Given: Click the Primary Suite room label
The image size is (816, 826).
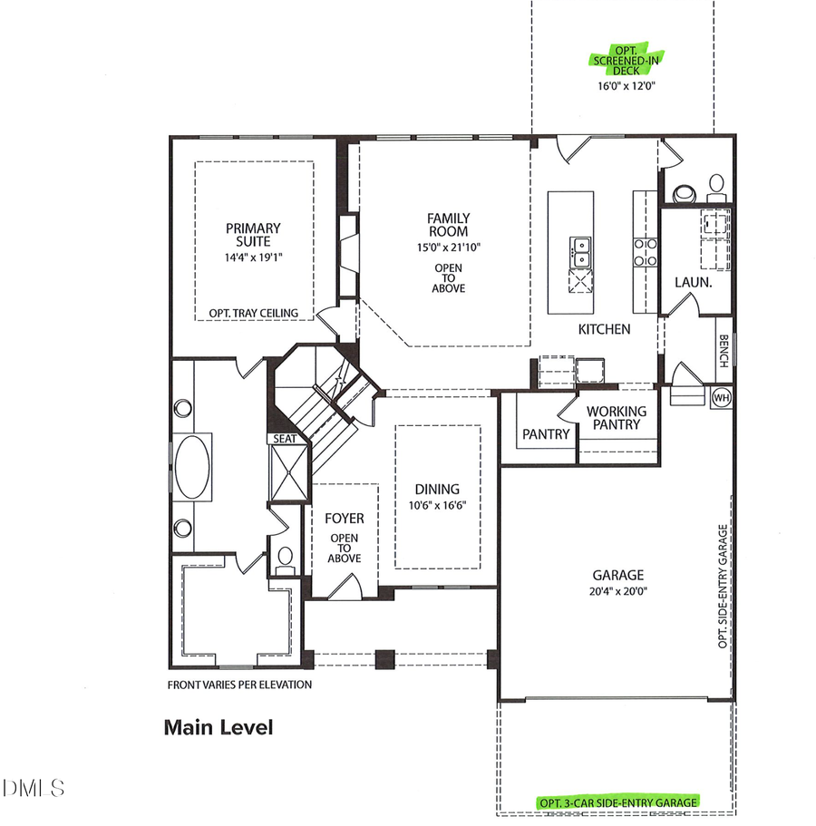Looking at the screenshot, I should coord(254,236).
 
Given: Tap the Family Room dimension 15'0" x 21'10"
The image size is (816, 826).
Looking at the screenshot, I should coord(449,246).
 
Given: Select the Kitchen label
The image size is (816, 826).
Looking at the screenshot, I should coord(604,329).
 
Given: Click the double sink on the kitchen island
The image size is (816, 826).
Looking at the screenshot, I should coord(580,251).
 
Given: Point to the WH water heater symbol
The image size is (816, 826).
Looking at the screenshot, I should coord(722,397).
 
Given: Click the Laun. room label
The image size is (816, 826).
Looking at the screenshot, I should coord(691,283).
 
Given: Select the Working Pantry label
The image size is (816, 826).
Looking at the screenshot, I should coord(617,417).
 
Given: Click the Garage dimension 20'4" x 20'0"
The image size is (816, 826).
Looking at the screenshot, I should coord(618,592).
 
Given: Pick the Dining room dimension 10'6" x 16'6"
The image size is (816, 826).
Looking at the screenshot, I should coord(438,506).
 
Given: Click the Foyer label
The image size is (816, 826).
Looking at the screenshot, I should coord(345,519).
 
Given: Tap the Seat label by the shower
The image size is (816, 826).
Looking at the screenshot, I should coord(286,439).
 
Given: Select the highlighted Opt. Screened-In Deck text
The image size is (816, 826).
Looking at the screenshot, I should coord(626,61).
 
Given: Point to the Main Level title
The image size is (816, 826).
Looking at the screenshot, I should coord(218,727).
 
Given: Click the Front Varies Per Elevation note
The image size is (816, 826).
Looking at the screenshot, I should coord(239,685).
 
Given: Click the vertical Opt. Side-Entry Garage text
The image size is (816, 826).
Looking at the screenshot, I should coord(724,586).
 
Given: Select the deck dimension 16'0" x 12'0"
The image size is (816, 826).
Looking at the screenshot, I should coord(626,86).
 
